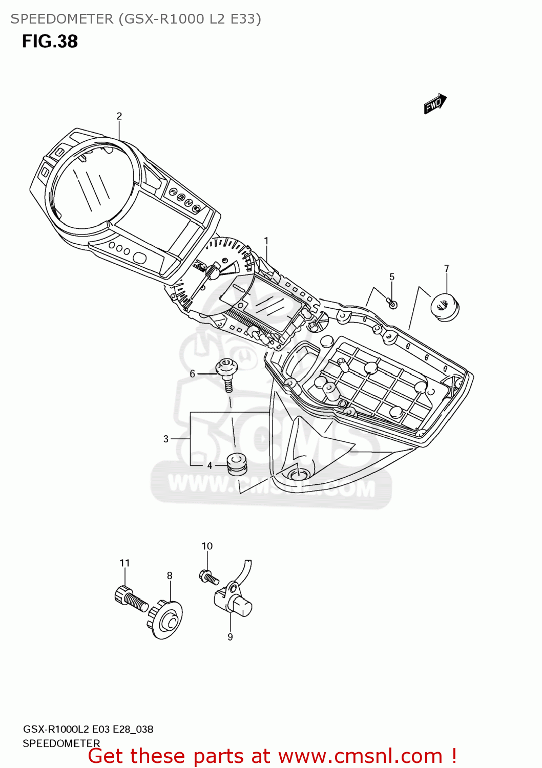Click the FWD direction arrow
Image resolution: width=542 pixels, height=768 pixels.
click(x=435, y=103)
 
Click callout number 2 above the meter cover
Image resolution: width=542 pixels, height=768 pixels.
click(x=119, y=116)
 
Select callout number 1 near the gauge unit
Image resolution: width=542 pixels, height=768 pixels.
click(x=266, y=241)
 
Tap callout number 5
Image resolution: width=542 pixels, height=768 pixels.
click(x=392, y=277)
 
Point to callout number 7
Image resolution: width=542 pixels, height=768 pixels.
click(x=447, y=269)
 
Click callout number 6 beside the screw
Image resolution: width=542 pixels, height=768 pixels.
click(x=193, y=374)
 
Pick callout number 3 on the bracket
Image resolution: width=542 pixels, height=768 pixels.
click(x=166, y=439)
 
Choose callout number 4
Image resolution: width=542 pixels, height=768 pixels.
click(x=210, y=465)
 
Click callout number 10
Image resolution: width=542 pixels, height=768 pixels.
click(x=207, y=546)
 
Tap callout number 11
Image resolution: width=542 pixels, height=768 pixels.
click(x=125, y=563)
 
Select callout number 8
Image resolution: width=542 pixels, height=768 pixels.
click(x=170, y=575)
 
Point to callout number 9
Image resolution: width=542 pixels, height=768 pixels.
click(x=230, y=637)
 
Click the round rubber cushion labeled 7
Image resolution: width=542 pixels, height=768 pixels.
click(x=444, y=307)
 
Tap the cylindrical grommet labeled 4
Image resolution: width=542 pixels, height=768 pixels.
click(x=237, y=463)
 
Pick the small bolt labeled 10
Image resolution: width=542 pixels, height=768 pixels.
click(x=209, y=577)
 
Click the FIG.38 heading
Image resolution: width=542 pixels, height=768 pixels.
click(x=50, y=41)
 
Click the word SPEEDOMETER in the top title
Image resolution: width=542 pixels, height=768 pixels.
click(x=62, y=19)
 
